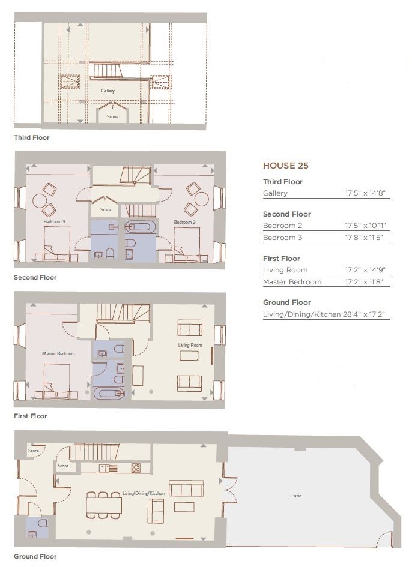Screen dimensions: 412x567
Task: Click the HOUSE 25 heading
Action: tap(286, 166)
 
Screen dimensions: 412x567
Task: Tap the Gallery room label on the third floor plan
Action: tap(108, 91)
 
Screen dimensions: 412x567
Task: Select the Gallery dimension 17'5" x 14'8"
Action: tap(365, 193)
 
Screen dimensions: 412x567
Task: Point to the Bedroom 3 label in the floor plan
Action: tap(54, 221)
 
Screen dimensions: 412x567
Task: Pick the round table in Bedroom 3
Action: tap(39, 200)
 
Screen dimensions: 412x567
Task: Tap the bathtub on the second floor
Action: tap(141, 227)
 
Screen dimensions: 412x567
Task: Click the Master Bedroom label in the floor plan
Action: tap(58, 353)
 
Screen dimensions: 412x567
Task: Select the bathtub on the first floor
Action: tap(109, 393)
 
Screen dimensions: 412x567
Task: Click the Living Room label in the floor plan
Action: tap(190, 345)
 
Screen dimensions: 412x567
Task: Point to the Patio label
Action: tap(297, 496)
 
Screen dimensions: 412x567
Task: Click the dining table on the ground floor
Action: tap(104, 505)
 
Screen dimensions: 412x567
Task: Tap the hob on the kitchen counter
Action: tap(136, 467)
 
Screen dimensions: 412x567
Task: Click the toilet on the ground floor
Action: tap(43, 523)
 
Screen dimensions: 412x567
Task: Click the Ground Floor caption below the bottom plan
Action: tap(35, 556)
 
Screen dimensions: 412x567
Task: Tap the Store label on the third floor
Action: tap(112, 116)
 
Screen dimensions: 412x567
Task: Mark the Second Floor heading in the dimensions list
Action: tap(287, 214)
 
